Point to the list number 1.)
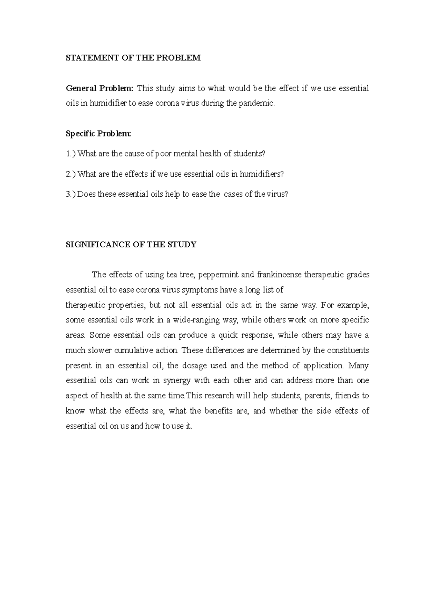71,154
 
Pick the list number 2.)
71,174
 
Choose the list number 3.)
71,194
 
